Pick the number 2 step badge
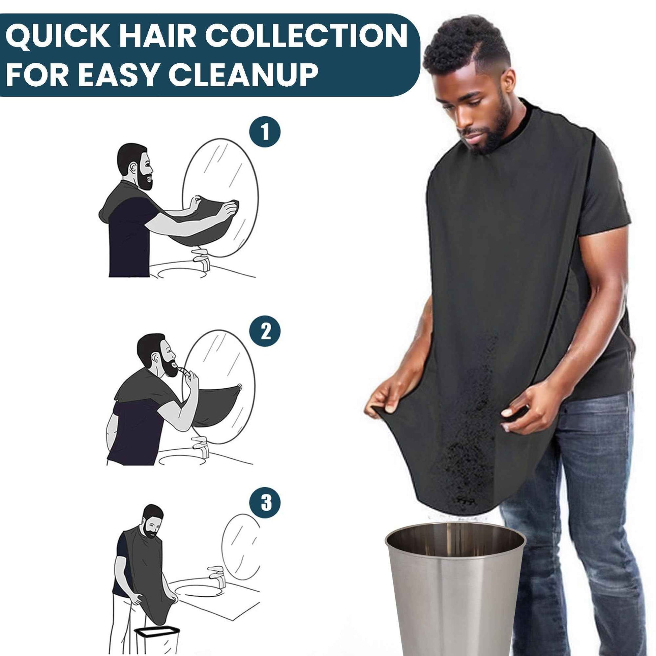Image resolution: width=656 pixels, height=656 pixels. (265, 331)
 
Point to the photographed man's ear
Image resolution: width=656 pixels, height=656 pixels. (508, 85)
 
